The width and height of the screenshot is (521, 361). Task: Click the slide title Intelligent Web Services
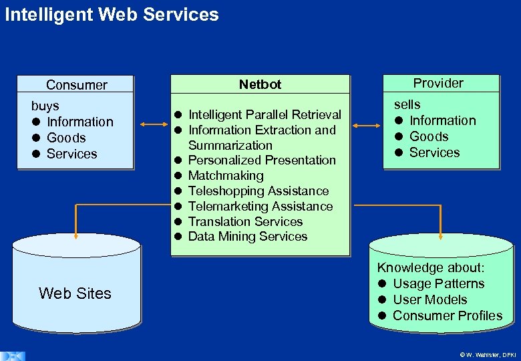click(x=112, y=14)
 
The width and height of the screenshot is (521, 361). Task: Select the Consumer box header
click(x=76, y=85)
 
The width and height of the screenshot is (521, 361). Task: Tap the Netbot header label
click(x=260, y=84)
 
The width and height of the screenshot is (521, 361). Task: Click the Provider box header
click(x=438, y=83)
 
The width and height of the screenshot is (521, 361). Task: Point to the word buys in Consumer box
click(x=45, y=106)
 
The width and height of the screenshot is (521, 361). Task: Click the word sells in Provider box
click(x=407, y=104)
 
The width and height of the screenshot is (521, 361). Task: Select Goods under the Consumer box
click(x=66, y=138)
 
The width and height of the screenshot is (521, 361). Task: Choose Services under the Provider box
click(x=434, y=152)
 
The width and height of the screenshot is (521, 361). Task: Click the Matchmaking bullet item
click(x=226, y=175)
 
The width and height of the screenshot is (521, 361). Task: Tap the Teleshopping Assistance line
click(x=258, y=191)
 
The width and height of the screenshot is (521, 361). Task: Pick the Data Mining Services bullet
click(x=247, y=236)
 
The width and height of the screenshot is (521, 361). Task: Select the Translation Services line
click(x=245, y=221)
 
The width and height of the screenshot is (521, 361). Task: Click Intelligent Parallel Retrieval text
click(x=265, y=115)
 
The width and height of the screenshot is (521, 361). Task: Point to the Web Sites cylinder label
click(x=75, y=293)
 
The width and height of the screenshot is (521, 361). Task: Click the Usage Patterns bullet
click(x=438, y=283)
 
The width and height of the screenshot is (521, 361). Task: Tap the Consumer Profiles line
click(x=447, y=316)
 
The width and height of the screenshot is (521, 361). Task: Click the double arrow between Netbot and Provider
click(x=366, y=125)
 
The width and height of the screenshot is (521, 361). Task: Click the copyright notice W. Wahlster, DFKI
click(x=488, y=355)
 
